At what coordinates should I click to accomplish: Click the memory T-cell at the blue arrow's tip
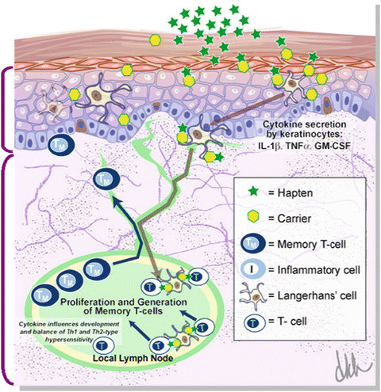click(102, 181)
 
